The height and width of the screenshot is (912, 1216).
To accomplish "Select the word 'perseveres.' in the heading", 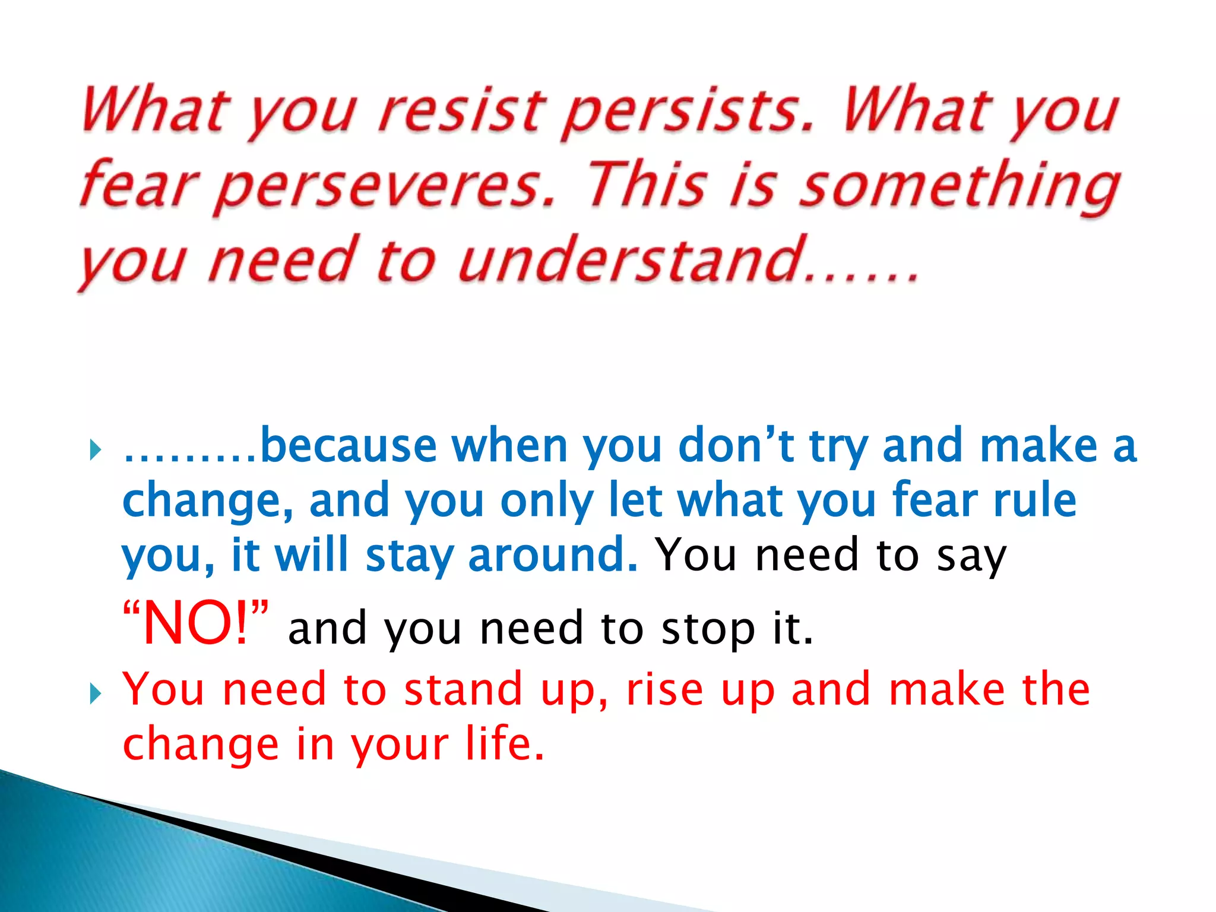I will tap(385, 186).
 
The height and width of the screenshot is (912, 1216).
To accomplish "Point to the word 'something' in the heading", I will tap(959, 186).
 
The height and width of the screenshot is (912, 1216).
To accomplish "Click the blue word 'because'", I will tap(349, 446).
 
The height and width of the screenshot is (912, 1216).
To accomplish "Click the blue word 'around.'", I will tap(553, 555).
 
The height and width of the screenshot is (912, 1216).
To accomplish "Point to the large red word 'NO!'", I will tap(196, 623).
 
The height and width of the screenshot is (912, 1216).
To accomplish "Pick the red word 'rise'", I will tap(665, 689).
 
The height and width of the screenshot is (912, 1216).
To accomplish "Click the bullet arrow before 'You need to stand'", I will tap(96, 693).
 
